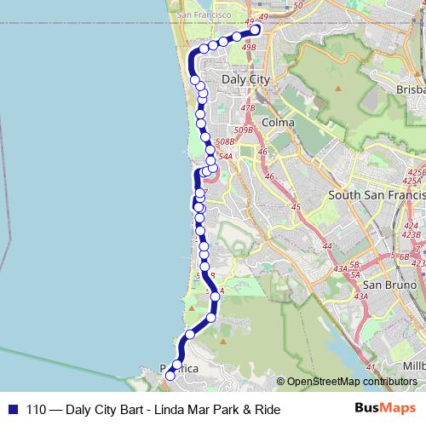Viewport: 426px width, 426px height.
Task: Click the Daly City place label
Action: [x=245, y=78]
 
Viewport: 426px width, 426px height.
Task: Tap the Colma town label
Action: [x=279, y=123]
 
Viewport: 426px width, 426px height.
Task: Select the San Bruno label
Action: [x=388, y=284]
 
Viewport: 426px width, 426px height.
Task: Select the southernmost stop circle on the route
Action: [x=170, y=375]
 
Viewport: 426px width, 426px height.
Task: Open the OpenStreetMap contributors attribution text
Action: [x=352, y=382]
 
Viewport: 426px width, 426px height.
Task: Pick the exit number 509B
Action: [x=244, y=130]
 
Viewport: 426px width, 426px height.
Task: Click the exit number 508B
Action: [x=226, y=142]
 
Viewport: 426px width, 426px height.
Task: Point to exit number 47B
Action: [x=247, y=108]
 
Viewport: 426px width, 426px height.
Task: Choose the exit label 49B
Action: [x=249, y=48]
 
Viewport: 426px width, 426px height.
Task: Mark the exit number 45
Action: [x=296, y=207]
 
